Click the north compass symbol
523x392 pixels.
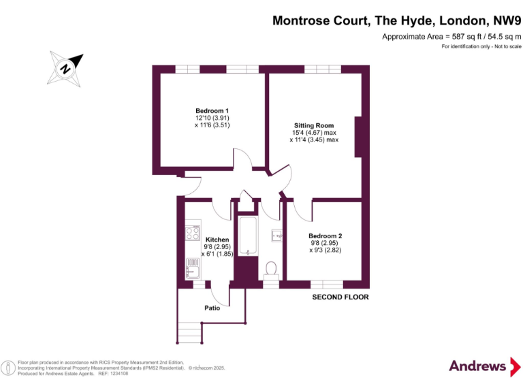click(x=66, y=68)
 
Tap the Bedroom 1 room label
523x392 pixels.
click(x=212, y=111)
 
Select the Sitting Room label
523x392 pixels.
click(x=314, y=125)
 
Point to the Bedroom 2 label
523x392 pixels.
click(x=325, y=235)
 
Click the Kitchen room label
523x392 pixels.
click(x=217, y=240)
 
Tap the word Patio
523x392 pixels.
click(x=212, y=308)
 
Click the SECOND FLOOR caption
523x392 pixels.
click(x=340, y=297)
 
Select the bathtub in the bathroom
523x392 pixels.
click(x=248, y=236)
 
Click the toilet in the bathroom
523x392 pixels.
click(x=271, y=269)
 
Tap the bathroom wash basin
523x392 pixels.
click(x=277, y=236)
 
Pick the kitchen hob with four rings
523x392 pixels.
click(x=191, y=233)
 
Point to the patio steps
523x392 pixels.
click(x=190, y=333)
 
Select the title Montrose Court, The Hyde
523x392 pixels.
click(x=397, y=20)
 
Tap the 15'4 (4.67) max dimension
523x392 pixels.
click(x=314, y=133)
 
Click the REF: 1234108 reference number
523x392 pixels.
click(x=113, y=374)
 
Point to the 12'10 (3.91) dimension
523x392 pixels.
click(x=212, y=118)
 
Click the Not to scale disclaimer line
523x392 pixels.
click(x=481, y=46)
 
